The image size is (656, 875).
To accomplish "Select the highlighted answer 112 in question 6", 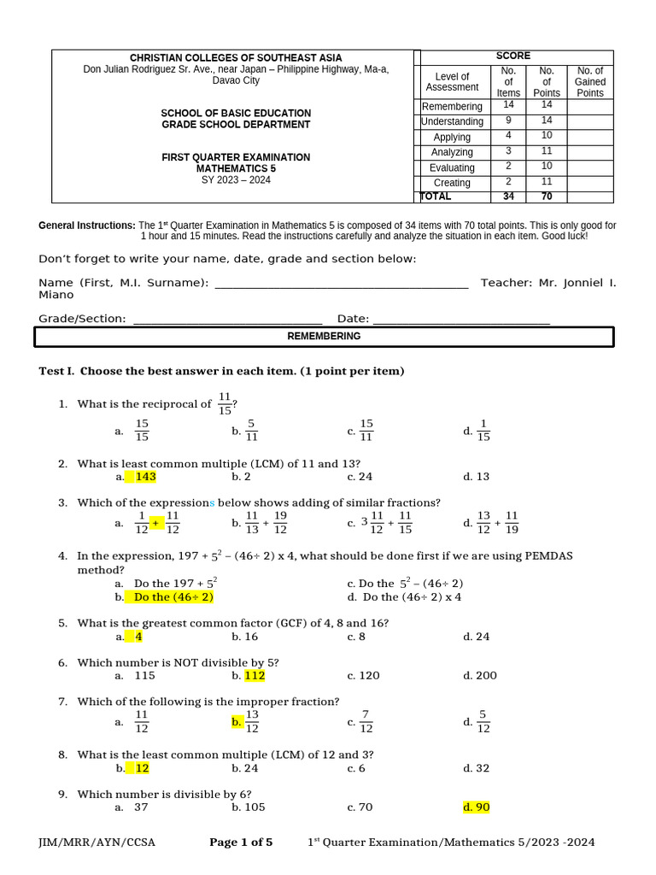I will coord(255,675).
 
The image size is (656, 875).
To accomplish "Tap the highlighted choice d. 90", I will coord(477,807).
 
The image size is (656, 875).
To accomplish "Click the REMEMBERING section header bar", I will coord(324,337).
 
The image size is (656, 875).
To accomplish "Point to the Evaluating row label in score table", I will coord(452,168).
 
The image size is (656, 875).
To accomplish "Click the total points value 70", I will coord(547,197).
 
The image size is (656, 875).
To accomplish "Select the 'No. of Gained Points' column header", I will coord(589,82).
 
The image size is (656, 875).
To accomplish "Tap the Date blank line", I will coord(461,321).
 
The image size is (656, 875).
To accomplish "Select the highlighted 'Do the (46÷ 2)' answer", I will coord(173,597).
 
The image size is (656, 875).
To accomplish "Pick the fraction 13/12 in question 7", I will coord(252,721).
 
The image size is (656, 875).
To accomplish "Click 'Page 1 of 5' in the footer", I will coord(241,843).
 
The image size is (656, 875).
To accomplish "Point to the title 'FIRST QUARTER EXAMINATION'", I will coord(236,157).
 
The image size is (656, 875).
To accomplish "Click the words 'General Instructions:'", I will coord(87,226).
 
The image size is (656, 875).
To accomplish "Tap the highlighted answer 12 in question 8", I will coord(142,768).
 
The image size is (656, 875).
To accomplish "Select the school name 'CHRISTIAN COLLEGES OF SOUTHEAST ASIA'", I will coord(236,57).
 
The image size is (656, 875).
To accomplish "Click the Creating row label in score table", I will coord(452,183).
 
